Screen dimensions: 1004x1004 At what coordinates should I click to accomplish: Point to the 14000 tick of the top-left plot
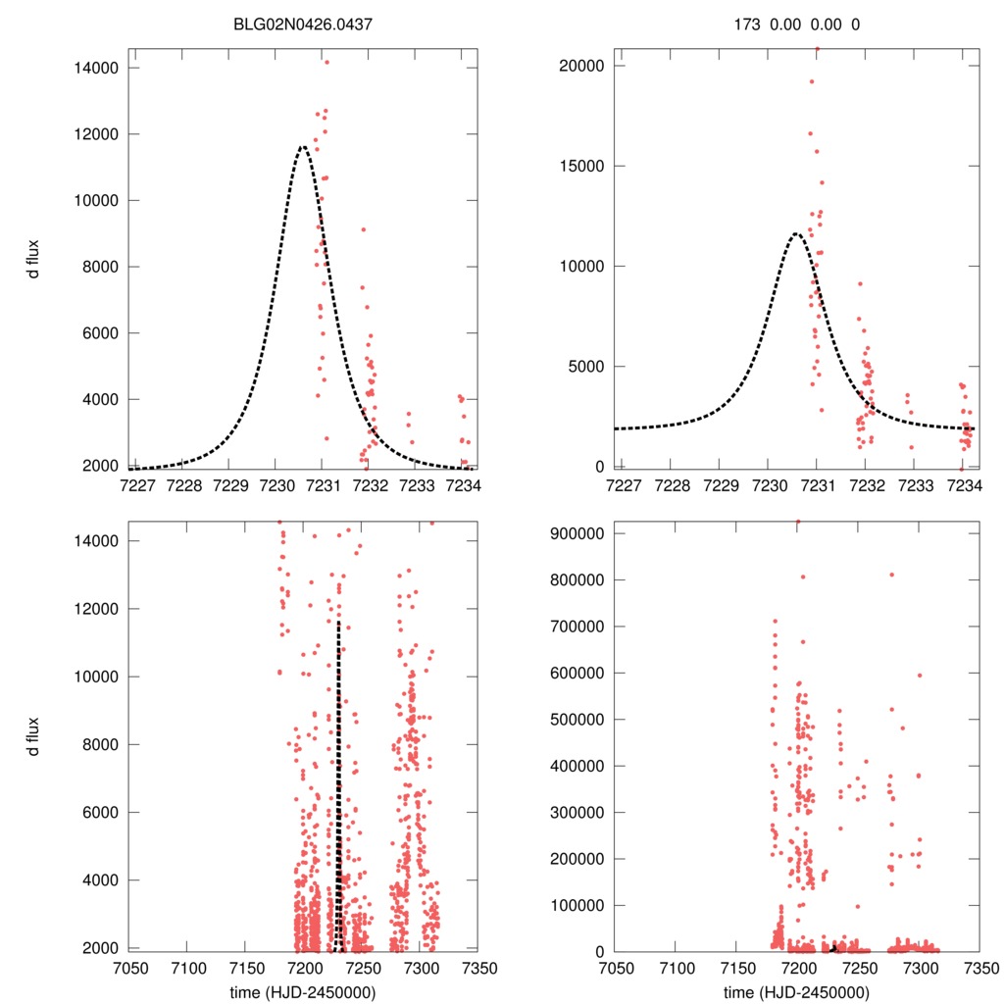(98, 68)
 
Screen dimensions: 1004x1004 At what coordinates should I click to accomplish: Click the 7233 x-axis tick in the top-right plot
(915, 485)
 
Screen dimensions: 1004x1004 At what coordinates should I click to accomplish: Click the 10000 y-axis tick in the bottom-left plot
(98, 677)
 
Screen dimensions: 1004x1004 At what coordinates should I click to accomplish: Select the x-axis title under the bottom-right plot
(796, 991)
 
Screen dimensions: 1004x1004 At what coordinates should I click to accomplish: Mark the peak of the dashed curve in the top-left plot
(303, 147)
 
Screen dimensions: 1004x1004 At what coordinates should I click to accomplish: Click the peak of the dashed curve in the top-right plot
(795, 233)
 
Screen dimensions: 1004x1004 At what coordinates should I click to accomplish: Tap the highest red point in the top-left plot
(326, 62)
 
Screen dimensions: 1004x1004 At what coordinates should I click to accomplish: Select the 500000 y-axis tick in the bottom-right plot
(577, 719)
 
